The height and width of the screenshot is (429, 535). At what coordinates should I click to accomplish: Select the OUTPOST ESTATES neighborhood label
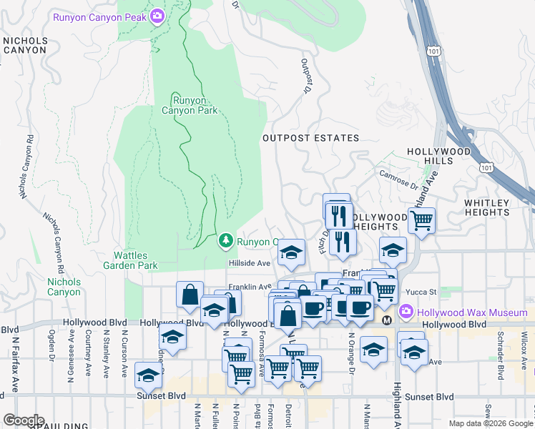click(310, 138)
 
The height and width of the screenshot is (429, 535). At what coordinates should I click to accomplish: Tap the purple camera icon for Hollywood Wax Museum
click(406, 312)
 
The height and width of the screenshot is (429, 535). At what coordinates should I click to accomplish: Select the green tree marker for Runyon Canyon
click(226, 241)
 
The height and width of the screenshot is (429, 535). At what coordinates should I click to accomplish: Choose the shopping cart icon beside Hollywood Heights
click(422, 220)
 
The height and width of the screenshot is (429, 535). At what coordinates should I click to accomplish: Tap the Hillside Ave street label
click(250, 263)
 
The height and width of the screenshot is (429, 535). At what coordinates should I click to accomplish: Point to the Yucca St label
click(424, 292)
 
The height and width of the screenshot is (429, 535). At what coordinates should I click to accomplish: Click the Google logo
click(23, 420)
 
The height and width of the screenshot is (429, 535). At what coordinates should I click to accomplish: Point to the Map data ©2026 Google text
click(490, 423)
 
